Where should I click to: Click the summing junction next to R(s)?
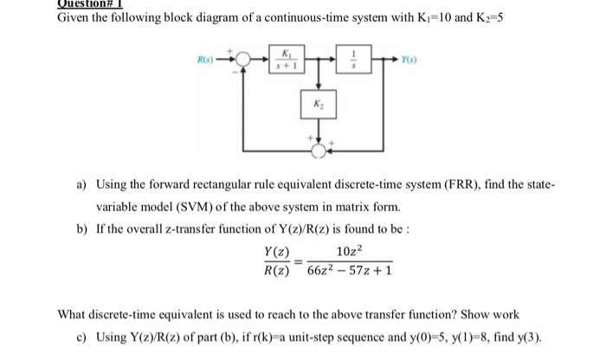(x=245, y=61)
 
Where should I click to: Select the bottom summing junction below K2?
(x=319, y=150)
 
